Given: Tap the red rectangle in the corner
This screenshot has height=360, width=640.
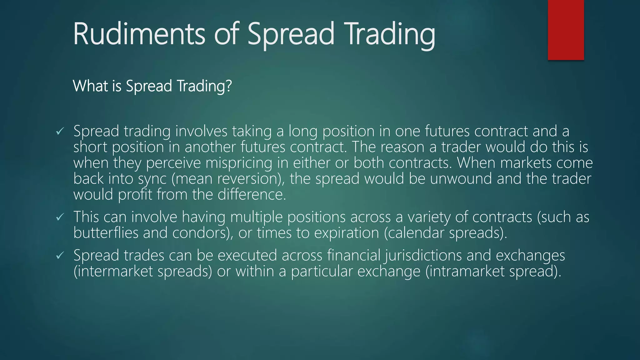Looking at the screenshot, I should (566, 30).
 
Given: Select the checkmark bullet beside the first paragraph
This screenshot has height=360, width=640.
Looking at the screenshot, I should (60, 132).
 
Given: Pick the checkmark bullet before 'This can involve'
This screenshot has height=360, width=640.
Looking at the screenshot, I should (60, 217).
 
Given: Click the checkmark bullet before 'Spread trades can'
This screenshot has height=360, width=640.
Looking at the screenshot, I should (60, 256).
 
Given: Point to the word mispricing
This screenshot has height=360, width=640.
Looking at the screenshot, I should (239, 163).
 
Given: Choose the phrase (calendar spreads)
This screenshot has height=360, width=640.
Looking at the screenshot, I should (445, 233).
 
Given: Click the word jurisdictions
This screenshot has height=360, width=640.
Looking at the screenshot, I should (423, 256).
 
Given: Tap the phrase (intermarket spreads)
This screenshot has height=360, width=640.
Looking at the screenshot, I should (143, 271).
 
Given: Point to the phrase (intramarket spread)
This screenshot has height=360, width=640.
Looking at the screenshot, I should (493, 271).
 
